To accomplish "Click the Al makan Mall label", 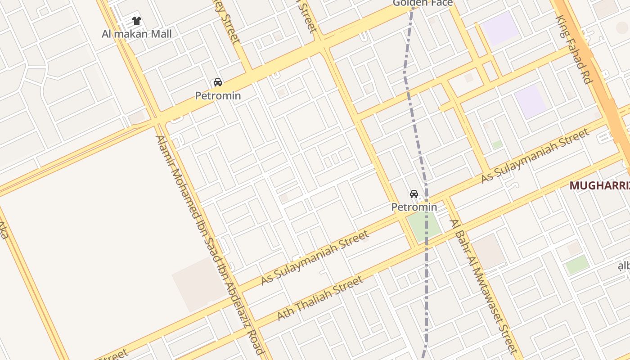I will (136, 34).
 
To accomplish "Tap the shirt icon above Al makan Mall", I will (137, 21).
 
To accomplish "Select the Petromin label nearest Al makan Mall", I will (218, 95).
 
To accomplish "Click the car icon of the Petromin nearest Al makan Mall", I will (218, 82).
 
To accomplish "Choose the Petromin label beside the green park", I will (414, 207).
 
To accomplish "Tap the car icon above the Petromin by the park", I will (414, 194).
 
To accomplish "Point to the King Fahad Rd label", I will (573, 49).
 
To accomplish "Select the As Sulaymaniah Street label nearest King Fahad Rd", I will (535, 156).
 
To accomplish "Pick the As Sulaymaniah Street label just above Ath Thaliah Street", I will (315, 257).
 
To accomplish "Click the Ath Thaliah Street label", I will (320, 298).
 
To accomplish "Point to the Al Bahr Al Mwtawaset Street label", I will (484, 286).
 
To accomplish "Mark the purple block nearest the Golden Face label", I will (500, 28).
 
